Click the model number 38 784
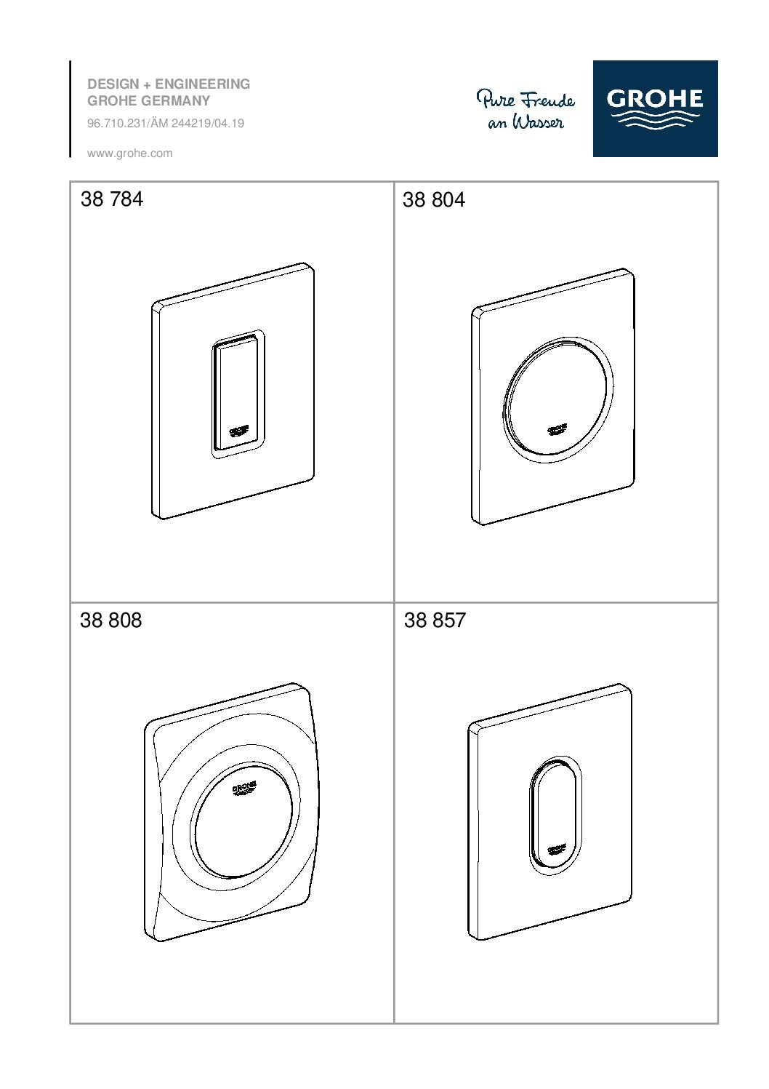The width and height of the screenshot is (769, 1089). pos(112,199)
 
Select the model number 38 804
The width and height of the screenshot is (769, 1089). pos(434,200)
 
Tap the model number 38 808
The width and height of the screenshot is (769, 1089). pos(110,621)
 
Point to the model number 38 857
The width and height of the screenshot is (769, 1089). pos(435,621)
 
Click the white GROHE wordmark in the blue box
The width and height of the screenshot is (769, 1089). pos(654,99)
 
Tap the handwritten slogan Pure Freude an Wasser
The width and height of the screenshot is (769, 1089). pos(526,110)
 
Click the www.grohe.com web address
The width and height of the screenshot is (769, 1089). pos(129,153)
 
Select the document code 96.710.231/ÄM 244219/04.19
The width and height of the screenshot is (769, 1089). pos(166,124)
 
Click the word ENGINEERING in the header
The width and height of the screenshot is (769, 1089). pos(203,84)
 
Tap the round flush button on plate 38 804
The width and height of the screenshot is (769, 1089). pos(557,398)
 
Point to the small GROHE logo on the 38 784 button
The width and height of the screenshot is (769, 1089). pos(239,431)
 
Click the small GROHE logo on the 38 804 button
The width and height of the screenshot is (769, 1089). pos(557,430)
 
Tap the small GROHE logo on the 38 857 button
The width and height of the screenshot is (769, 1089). pos(557,850)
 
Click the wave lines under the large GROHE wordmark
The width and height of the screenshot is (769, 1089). pos(655,119)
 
